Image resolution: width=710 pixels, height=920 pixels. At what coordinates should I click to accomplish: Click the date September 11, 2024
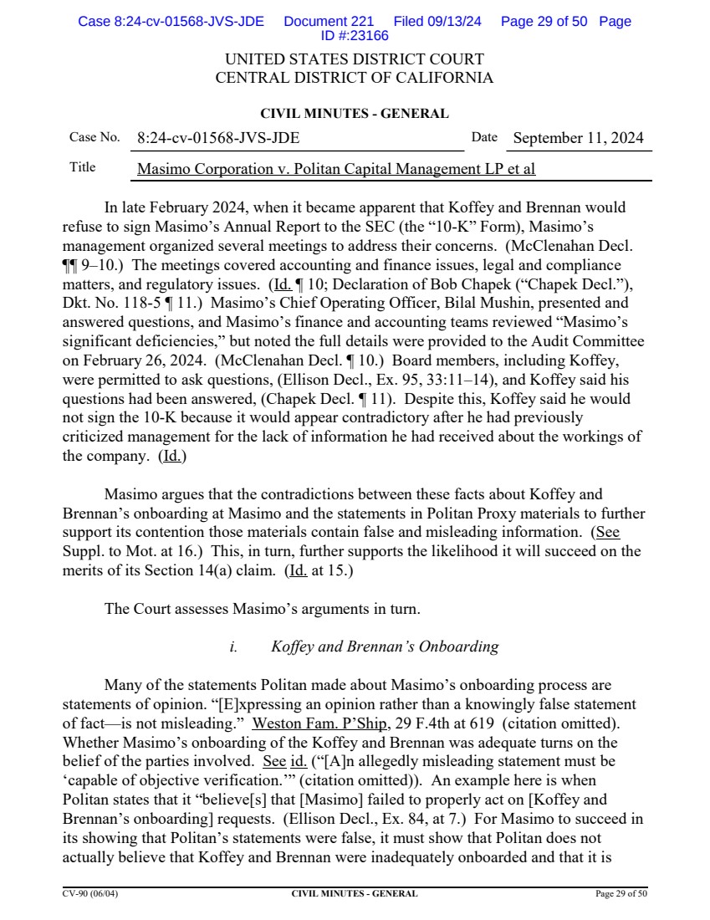click(x=578, y=139)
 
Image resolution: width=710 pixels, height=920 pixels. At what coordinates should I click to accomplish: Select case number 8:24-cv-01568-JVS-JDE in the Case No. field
click(x=218, y=139)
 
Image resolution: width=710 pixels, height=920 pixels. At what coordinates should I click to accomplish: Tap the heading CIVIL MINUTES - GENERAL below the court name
click(x=355, y=114)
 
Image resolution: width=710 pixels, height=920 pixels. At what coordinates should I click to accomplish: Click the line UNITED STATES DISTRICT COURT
click(x=355, y=60)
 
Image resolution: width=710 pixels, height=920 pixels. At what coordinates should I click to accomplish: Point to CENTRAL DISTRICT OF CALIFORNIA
click(x=355, y=79)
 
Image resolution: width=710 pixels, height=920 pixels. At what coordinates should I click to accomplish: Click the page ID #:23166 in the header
click(x=355, y=35)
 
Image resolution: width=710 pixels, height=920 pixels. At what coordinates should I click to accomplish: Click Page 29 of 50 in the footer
click(x=621, y=894)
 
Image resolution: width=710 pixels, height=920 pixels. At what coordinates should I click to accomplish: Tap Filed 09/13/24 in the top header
click(x=437, y=22)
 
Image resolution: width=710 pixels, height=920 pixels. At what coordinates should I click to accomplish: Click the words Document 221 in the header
click(x=329, y=22)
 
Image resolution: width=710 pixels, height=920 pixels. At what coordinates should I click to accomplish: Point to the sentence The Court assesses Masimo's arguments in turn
click(x=262, y=609)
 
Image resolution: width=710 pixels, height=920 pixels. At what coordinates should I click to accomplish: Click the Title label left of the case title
click(x=82, y=167)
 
